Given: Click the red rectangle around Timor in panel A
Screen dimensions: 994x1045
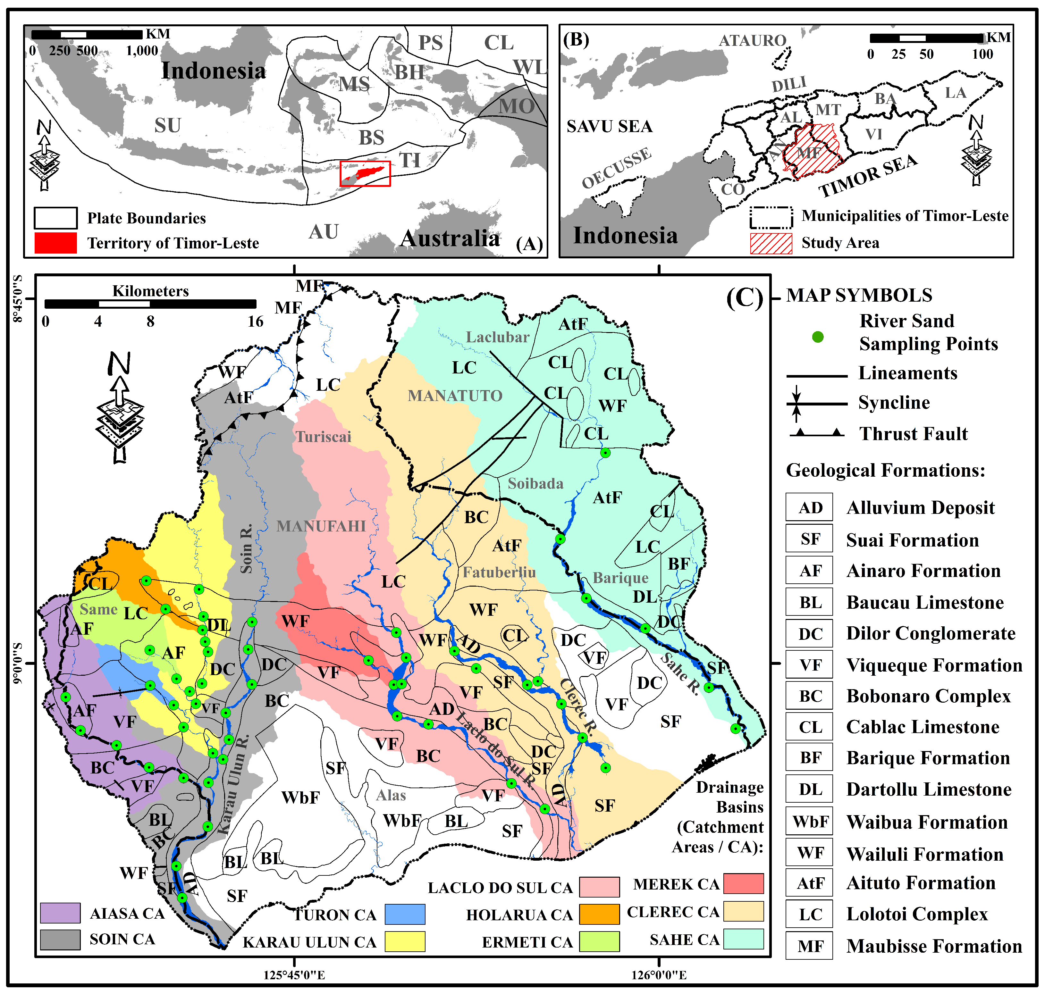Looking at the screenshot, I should click(365, 174).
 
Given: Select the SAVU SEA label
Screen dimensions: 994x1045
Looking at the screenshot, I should click(610, 127).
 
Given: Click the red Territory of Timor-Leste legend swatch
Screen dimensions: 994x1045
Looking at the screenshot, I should click(56, 243).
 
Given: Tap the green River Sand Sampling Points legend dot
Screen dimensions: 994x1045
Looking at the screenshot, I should click(818, 337).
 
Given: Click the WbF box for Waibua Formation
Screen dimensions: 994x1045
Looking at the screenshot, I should click(809, 822).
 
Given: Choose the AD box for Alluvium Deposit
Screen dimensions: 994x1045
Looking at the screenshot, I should click(809, 508).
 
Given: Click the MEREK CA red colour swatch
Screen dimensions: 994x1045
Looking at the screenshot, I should click(744, 883).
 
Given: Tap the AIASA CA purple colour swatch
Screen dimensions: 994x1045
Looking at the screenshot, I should click(60, 913).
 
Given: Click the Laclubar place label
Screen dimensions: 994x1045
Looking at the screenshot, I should click(497, 337).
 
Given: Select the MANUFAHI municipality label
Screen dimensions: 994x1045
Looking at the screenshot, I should click(321, 526).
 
